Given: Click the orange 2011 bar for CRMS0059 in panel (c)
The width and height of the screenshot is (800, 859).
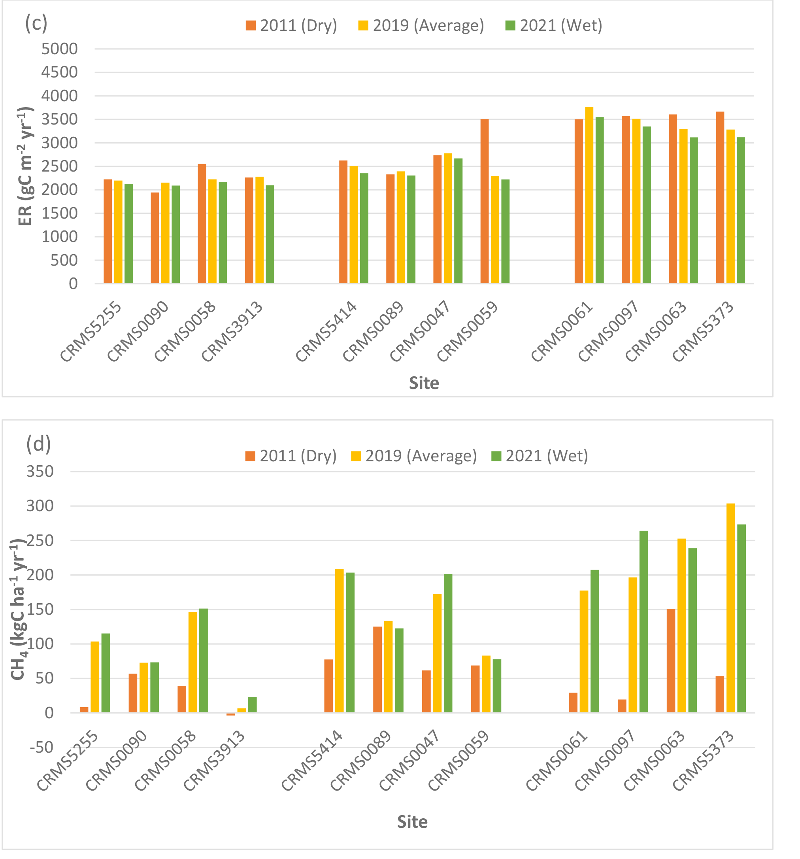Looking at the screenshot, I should [x=484, y=201].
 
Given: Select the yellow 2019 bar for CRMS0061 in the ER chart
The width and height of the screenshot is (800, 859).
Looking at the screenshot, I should [x=589, y=195].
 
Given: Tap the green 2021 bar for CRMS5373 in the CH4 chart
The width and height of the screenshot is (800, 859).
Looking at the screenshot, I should [x=741, y=618].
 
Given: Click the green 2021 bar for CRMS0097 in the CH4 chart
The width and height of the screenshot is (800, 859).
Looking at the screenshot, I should [x=643, y=621].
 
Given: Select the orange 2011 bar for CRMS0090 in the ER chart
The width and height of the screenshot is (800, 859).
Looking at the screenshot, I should [x=155, y=238].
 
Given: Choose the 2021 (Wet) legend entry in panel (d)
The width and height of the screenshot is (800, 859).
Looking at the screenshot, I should [x=540, y=456].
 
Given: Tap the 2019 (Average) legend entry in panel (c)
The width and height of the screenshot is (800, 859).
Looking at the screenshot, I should [x=421, y=25].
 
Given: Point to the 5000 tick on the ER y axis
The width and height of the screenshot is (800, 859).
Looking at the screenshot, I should [x=60, y=49].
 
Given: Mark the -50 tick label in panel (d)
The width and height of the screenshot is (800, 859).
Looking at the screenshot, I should [x=42, y=747].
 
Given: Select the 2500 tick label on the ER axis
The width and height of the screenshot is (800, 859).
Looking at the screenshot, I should [x=60, y=166].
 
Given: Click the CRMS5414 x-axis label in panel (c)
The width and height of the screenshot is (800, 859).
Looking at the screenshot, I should [x=326, y=331].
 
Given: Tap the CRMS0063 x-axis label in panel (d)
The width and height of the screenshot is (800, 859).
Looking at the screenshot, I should [x=655, y=761].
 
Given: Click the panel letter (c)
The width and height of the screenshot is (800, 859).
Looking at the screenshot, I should [x=36, y=23].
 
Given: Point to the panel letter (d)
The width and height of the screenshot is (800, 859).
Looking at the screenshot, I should [x=38, y=444].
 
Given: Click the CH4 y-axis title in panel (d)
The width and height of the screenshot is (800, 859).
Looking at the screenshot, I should [x=18, y=609].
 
